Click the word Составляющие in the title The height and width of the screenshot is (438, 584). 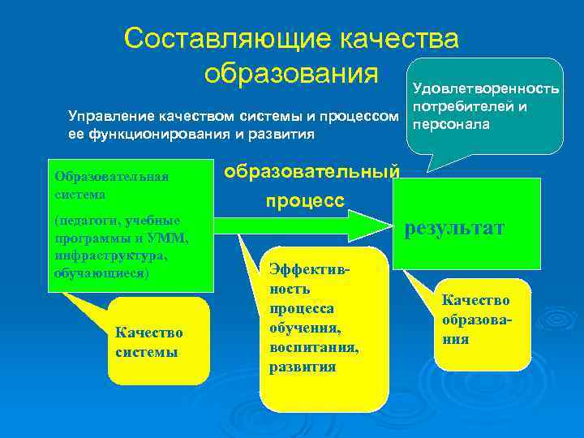pyautogui.click(x=228, y=38)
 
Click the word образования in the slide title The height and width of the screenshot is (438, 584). pyautogui.click(x=291, y=72)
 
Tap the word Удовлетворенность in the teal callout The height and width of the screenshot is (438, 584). pyautogui.click(x=486, y=88)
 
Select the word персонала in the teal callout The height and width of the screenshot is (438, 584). pyautogui.click(x=451, y=125)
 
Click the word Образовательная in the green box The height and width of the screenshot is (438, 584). pyautogui.click(x=112, y=177)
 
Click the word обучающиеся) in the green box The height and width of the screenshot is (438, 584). pyautogui.click(x=101, y=273)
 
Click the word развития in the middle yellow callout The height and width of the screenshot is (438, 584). pyautogui.click(x=303, y=366)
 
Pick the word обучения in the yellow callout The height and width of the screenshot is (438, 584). pyautogui.click(x=304, y=328)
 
